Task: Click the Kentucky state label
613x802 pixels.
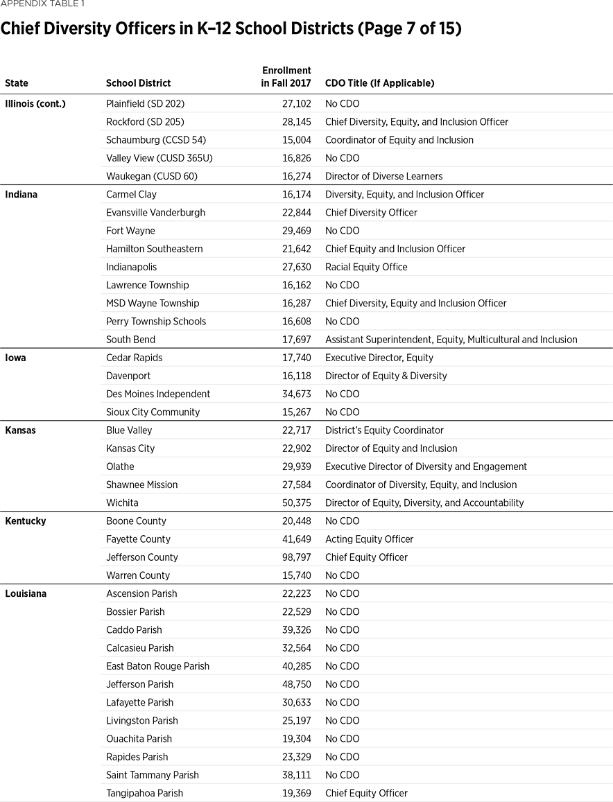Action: point(25,521)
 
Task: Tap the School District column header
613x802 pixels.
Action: point(138,83)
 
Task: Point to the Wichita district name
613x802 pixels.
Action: point(122,503)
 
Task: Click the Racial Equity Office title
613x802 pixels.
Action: point(366,267)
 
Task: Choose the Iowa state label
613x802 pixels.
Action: point(15,358)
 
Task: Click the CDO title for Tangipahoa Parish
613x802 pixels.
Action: point(366,793)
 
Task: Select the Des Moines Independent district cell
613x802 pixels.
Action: point(158,394)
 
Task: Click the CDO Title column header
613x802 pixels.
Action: point(379,83)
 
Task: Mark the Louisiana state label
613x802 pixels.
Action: point(26,593)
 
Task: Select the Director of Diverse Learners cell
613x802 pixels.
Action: point(383,176)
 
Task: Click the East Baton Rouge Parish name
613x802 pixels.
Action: point(157,666)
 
